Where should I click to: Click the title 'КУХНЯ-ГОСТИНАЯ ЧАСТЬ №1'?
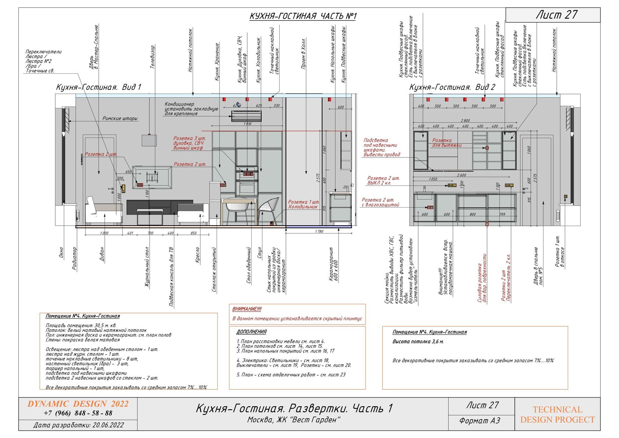(303, 16)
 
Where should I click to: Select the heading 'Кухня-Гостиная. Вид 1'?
(98, 87)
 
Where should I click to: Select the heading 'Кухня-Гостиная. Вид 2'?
(452, 87)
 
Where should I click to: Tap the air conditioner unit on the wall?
(246, 117)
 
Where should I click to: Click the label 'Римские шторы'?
(120, 118)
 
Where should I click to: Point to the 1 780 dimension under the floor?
(319, 232)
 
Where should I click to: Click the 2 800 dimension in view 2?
(465, 121)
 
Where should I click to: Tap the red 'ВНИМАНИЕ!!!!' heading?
(247, 309)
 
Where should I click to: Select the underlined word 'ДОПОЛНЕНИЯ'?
(251, 332)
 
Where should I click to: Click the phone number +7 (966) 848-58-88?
(78, 413)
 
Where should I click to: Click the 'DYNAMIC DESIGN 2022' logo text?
(78, 404)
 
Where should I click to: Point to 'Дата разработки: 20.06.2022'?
(78, 425)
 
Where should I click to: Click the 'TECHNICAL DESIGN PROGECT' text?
(557, 414)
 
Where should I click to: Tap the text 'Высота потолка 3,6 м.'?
(418, 342)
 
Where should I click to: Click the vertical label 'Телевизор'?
(153, 57)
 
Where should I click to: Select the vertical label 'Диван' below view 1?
(102, 254)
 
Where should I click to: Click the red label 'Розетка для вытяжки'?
(446, 143)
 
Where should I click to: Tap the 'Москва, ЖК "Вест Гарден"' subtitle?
(293, 420)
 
